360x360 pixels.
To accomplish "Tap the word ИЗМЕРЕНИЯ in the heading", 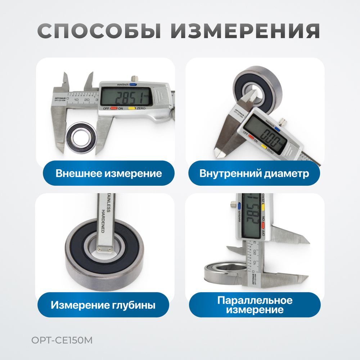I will (245, 32).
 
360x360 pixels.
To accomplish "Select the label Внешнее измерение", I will (109, 174).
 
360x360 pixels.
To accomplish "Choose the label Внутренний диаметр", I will (254, 174).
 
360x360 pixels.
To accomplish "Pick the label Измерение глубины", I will (103, 305).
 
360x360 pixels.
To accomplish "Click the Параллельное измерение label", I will (255, 305).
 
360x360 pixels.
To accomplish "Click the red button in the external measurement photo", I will (114, 108).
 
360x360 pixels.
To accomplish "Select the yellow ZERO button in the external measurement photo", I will (132, 108).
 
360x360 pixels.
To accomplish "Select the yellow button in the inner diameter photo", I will (264, 147).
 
